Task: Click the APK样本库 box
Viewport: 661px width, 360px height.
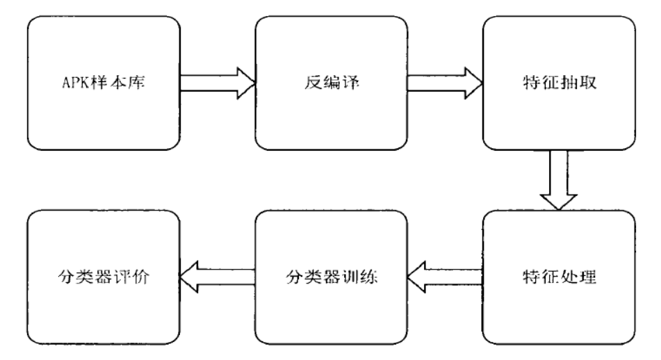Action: [103, 85]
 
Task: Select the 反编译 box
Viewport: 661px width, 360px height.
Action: [329, 85]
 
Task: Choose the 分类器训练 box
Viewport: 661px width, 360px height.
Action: [329, 279]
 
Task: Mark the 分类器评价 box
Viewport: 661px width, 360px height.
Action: [103, 279]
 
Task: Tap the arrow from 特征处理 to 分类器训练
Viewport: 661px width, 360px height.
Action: [443, 279]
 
